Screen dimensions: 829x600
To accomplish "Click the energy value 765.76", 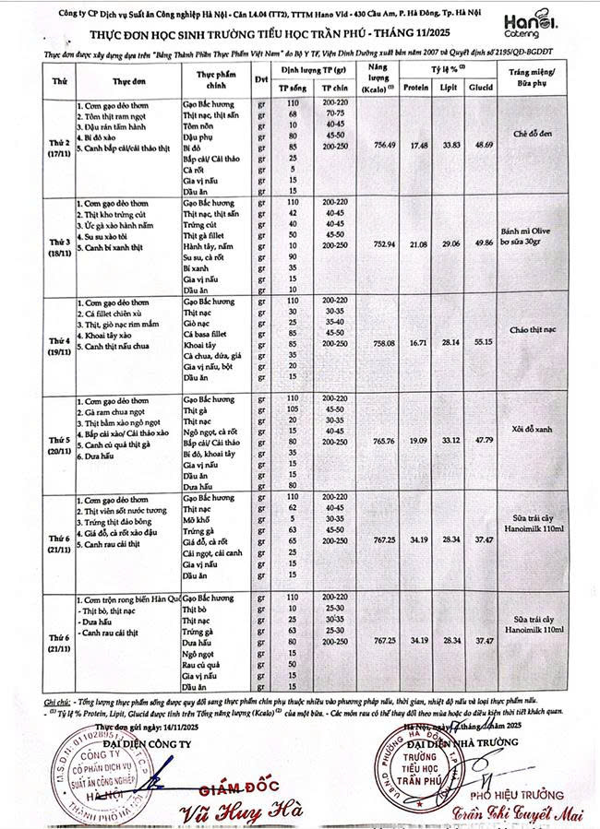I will point(378,441).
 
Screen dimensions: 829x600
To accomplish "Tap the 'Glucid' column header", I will point(485,89).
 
